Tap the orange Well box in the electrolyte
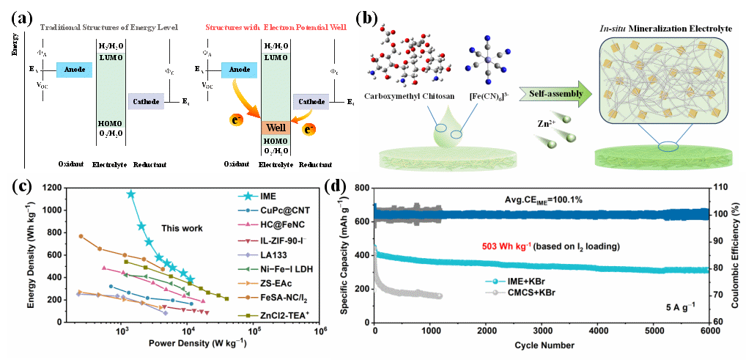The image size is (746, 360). pos(276,130)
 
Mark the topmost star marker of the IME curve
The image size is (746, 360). pos(131,194)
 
